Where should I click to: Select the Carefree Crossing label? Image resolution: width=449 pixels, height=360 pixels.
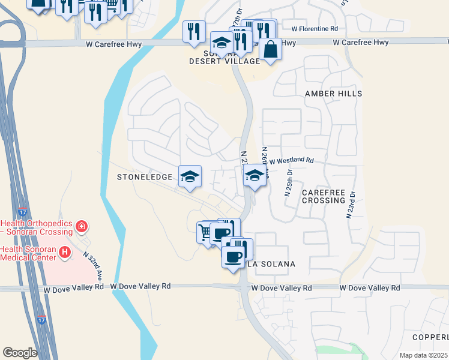coord(323,196)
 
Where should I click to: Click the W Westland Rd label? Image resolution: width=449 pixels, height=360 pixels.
coord(292,161)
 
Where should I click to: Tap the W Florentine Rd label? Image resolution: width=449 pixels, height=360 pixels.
coord(315,28)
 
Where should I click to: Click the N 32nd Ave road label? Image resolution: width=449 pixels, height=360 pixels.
coord(92,267)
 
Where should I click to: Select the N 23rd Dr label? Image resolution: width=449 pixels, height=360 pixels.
coord(351,205)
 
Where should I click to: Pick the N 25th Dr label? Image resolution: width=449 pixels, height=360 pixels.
coord(288,182)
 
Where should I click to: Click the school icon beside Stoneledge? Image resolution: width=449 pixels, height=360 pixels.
coord(190,176)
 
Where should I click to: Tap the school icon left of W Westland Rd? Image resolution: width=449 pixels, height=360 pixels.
coord(255,175)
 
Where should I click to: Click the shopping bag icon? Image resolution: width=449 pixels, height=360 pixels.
coord(271,50)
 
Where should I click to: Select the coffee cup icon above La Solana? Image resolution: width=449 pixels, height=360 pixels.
coord(233,257)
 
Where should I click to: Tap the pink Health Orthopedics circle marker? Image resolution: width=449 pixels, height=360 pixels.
coord(82,227)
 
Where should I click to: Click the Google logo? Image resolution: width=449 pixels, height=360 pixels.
coord(20,353)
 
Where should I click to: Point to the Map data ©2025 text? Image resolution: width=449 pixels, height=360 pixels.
coord(423,355)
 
